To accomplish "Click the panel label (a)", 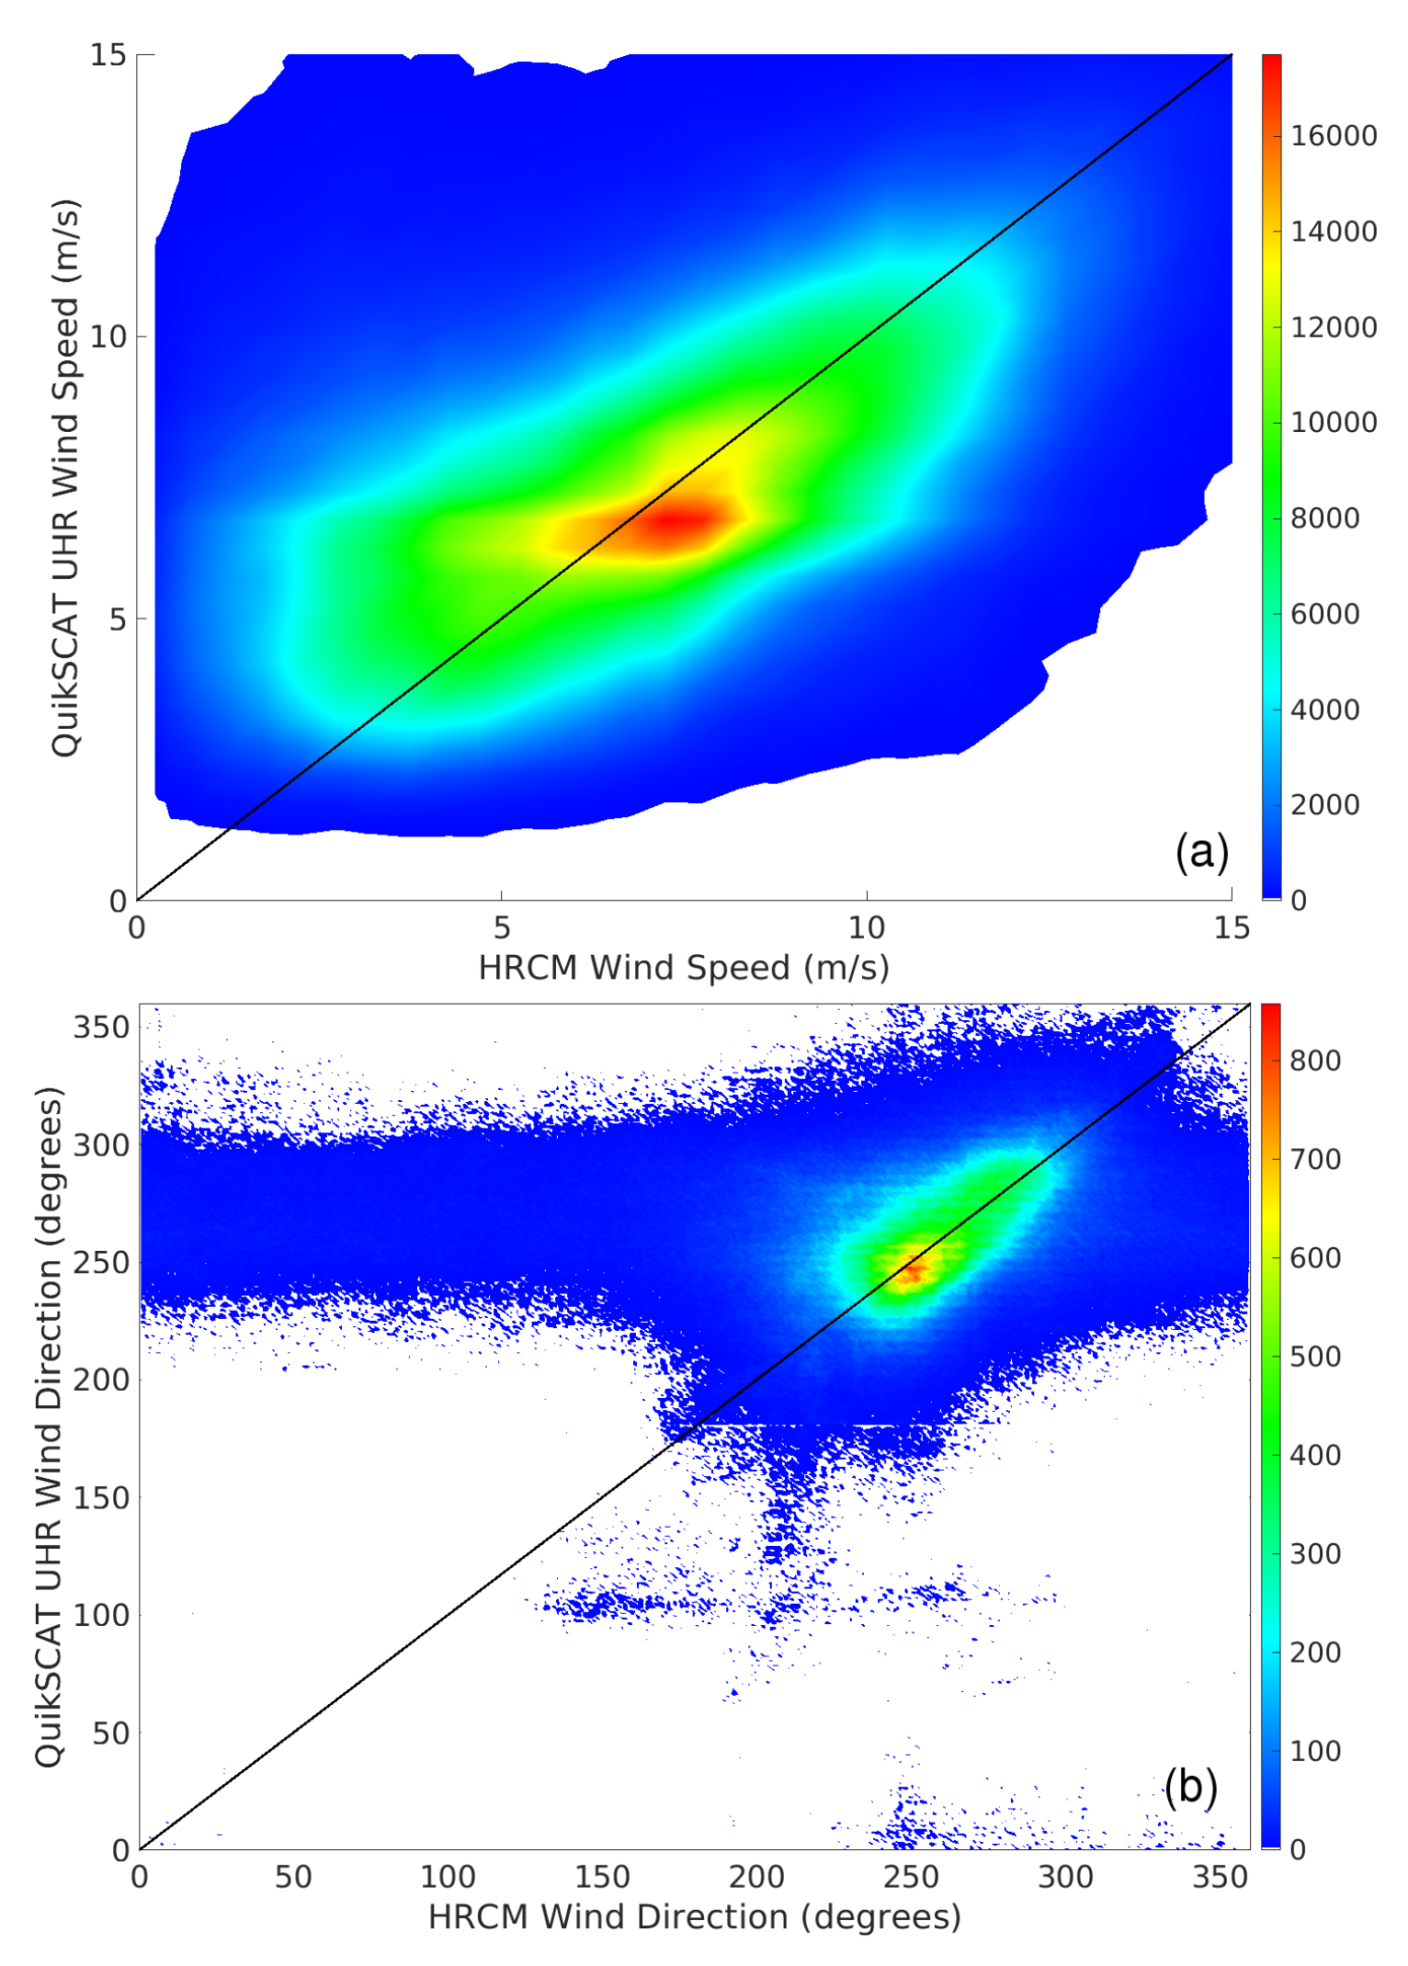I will coord(1201,852).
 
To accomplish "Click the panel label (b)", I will coord(1190,1787).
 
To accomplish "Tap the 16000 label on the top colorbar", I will coord(1333,136).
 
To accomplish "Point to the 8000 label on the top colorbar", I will coord(1324,518).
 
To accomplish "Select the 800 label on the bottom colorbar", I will coord(1314,1061).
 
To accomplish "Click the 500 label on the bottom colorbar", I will coord(1314,1357).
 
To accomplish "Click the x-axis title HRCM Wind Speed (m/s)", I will coord(684,968).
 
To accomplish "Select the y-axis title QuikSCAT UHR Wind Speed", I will coord(66,478).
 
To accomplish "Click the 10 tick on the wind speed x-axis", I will coord(866,928).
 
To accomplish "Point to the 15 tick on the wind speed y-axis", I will coord(108,55).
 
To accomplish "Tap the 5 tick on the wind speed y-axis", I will coord(117,619).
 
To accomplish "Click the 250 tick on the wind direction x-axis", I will coord(911,1877).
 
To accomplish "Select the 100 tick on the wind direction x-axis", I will coord(448,1877).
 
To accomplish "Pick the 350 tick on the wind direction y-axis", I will coord(101,1027).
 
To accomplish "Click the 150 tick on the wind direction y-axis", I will coord(101,1497).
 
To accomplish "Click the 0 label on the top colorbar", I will coord(1299,901).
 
